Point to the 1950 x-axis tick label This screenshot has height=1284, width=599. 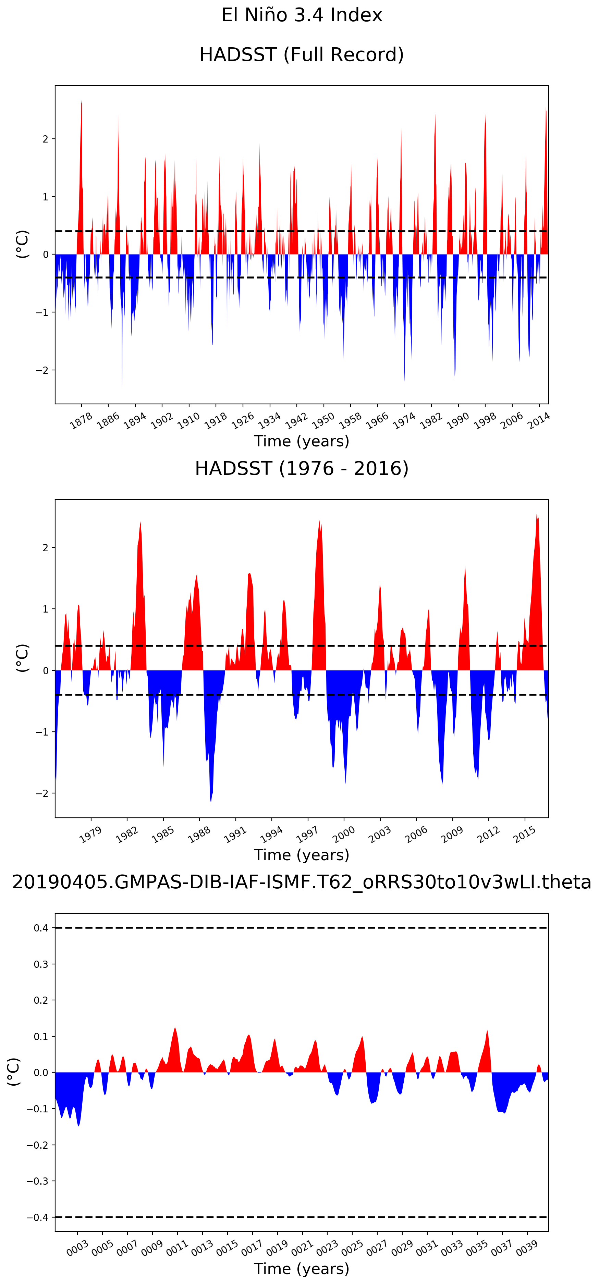[323, 421]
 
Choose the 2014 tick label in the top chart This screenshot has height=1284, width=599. [539, 421]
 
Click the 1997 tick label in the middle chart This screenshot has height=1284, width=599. [307, 835]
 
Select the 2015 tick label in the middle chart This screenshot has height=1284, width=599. [524, 835]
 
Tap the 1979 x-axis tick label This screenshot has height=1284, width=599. [90, 835]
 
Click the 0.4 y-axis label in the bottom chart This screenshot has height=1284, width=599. [41, 928]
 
